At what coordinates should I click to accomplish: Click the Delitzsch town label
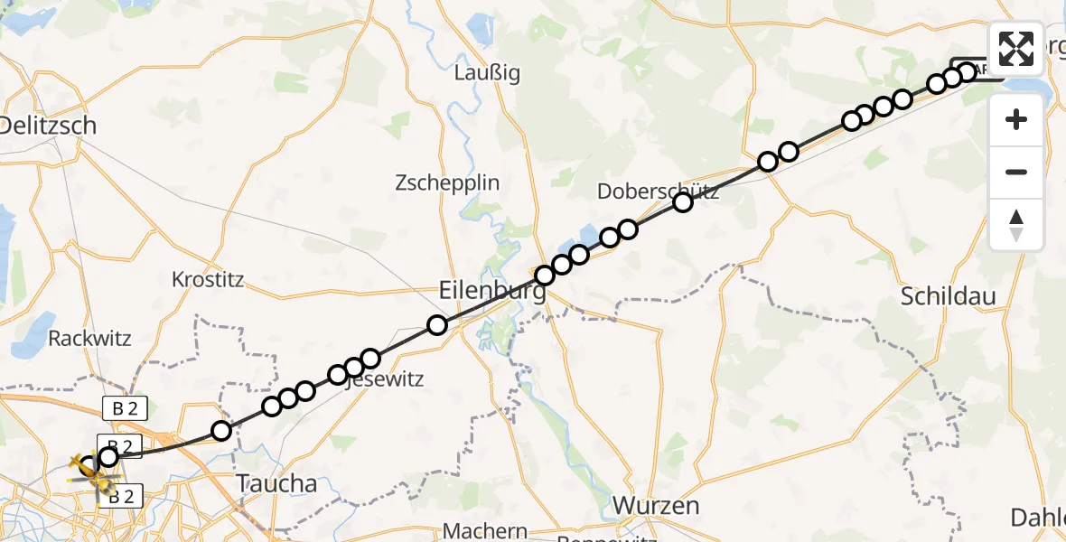pyautogui.click(x=48, y=126)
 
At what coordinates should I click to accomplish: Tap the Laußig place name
pyautogui.click(x=488, y=73)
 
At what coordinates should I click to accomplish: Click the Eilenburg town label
pyautogui.click(x=492, y=292)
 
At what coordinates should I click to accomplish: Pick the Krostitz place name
pyautogui.click(x=208, y=279)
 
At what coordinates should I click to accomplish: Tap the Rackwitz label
pyautogui.click(x=89, y=339)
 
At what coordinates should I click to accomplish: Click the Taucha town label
pyautogui.click(x=276, y=483)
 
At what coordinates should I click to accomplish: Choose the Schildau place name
pyautogui.click(x=948, y=296)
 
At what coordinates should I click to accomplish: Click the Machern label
pyautogui.click(x=486, y=531)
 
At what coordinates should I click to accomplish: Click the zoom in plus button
pyautogui.click(x=1016, y=119)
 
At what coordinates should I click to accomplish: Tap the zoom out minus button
pyautogui.click(x=1016, y=172)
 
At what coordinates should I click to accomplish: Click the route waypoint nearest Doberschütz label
pyautogui.click(x=682, y=202)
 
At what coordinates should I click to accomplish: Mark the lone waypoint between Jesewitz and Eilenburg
pyautogui.click(x=437, y=325)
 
